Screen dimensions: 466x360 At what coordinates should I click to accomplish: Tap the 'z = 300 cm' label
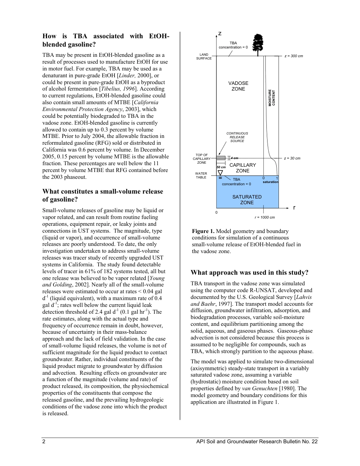pyautogui.click(x=294, y=56)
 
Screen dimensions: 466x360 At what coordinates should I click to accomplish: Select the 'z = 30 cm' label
pyautogui.click(x=292, y=158)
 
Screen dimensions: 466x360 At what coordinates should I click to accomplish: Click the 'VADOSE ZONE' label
pyautogui.click(x=238, y=86)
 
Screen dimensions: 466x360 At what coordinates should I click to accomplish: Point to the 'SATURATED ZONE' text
pyautogui.click(x=247, y=200)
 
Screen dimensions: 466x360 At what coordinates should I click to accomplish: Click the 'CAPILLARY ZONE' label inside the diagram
pyautogui.click(x=243, y=168)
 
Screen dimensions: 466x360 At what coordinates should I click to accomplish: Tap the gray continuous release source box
pyautogui.click(x=221, y=158)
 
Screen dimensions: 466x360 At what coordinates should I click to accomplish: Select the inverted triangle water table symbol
pyautogui.click(x=220, y=173)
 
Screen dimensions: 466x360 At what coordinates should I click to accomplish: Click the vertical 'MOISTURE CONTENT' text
pyautogui.click(x=272, y=98)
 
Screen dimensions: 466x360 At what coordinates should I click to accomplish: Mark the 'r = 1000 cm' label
pyautogui.click(x=265, y=217)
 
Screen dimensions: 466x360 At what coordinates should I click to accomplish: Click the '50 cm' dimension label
pyautogui.click(x=221, y=167)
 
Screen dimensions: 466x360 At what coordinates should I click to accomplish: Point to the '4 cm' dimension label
pyautogui.click(x=235, y=158)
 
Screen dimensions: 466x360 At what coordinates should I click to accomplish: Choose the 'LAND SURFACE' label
pyautogui.click(x=204, y=56)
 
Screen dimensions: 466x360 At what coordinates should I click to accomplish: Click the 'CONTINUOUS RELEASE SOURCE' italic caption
pyautogui.click(x=237, y=137)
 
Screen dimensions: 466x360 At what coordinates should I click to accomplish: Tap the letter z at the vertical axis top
pyautogui.click(x=220, y=34)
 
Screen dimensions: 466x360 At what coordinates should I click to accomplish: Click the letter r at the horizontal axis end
pyautogui.click(x=294, y=208)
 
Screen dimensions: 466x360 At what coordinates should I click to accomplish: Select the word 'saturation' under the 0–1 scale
pyautogui.click(x=270, y=182)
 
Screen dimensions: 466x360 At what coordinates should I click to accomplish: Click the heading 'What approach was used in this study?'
pyautogui.click(x=249, y=272)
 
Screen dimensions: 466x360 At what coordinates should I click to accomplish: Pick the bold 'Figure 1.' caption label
pyautogui.click(x=203, y=231)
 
